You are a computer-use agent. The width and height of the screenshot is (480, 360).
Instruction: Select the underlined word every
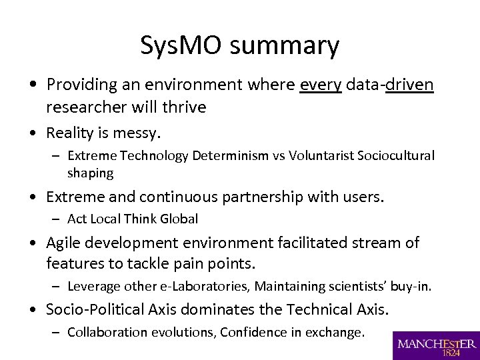(321, 85)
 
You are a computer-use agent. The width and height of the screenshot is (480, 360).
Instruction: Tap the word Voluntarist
(321, 156)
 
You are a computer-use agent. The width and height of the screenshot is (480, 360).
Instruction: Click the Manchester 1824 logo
(436, 345)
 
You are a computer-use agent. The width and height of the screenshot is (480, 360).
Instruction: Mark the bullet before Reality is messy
(33, 133)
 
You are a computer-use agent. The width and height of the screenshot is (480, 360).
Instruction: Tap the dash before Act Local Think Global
(58, 219)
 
